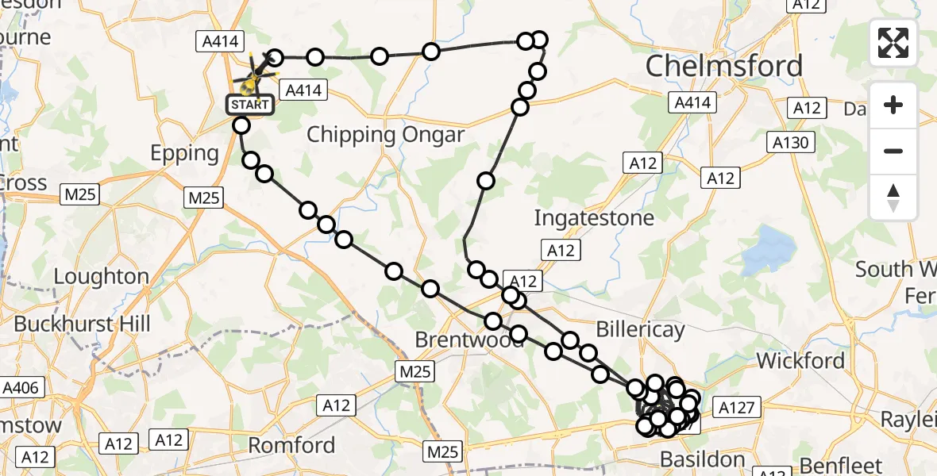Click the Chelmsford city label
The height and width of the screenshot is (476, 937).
pos(724,65)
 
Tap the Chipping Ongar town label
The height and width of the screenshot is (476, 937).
pos(385,134)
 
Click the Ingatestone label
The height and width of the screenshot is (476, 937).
pos(594,217)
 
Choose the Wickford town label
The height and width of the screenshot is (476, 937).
pos(800,361)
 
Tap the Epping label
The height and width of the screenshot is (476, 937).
pos(185,153)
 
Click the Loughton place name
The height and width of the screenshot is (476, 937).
pos(101,277)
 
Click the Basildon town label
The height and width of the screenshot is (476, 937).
pos(703,459)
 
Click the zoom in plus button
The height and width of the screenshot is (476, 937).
pos(893,105)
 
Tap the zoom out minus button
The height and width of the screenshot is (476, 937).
pos(893,151)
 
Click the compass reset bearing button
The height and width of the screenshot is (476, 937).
pos(893,197)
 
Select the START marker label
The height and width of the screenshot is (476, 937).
pos(251,104)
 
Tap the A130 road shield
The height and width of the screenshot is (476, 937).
pos(791,143)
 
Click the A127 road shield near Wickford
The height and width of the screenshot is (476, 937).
pos(739,408)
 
